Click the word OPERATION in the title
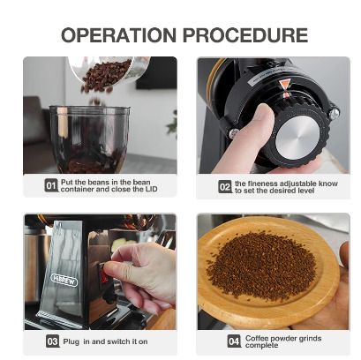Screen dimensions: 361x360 click(x=118, y=35)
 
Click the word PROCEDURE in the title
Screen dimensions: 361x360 click(x=245, y=35)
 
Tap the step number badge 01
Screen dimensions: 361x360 click(x=51, y=185)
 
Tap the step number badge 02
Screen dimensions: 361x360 click(x=225, y=187)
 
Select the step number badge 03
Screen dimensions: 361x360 click(x=52, y=341)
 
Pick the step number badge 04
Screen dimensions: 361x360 click(x=234, y=341)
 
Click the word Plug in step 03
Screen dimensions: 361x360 click(x=71, y=341)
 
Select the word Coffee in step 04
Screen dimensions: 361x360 click(x=257, y=338)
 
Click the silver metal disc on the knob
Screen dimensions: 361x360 click(x=297, y=138)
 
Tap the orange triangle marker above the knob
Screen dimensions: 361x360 click(x=284, y=85)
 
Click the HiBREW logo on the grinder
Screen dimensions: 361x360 click(x=64, y=280)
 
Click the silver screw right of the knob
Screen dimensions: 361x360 click(x=335, y=114)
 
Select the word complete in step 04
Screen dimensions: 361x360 click(x=261, y=345)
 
